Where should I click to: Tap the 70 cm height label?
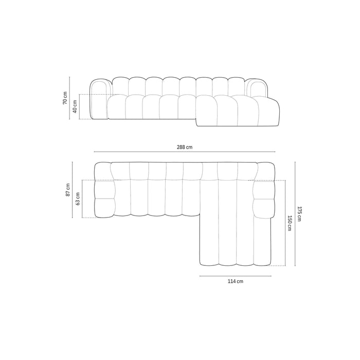pos(65,98)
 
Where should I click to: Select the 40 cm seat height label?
pos(75,107)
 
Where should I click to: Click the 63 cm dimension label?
pos(78,199)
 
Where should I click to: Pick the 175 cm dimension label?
pos(299,213)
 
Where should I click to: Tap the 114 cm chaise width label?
pos(236,281)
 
